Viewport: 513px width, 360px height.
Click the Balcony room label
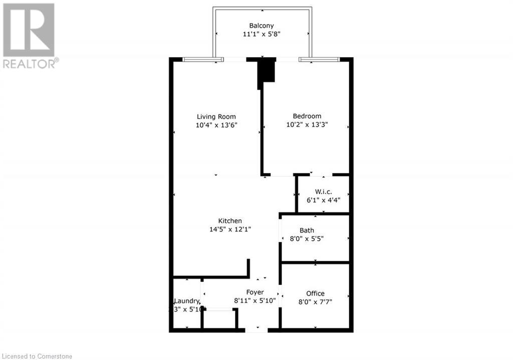262,26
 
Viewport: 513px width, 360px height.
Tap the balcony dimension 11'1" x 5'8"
262,35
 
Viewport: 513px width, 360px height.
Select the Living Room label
216,116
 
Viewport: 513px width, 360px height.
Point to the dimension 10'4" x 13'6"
216,125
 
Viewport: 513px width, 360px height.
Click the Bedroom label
307,116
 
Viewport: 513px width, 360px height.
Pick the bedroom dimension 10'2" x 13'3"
307,125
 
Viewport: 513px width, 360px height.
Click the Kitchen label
230,221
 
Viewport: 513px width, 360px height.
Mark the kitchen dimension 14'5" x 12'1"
230,229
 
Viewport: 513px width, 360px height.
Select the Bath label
307,230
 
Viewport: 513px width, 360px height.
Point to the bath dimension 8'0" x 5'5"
307,239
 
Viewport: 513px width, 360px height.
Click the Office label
315,293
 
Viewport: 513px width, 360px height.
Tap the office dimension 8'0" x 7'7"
315,302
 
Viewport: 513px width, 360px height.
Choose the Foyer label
254,292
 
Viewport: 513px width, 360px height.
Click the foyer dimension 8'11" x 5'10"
254,301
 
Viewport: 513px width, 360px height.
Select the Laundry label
187,301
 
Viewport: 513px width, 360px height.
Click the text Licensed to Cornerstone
37,356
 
